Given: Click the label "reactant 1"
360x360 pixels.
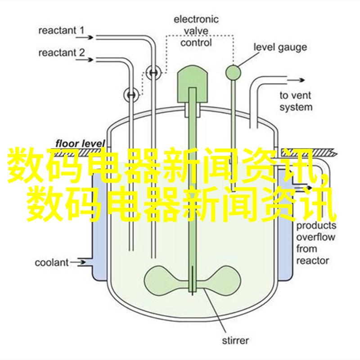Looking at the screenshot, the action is (x=61, y=31).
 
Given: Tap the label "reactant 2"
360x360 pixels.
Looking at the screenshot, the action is (x=62, y=53).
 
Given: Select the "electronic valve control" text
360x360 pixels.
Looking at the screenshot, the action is (x=196, y=31).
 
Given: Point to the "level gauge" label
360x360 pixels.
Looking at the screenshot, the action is (x=280, y=47).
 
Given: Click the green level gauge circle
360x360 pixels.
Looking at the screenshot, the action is (x=233, y=72).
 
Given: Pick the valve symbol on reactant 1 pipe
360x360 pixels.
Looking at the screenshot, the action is (x=153, y=73).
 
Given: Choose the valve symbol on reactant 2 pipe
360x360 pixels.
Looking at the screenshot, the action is (x=131, y=95).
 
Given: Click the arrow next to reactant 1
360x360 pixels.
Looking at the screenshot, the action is (x=84, y=37).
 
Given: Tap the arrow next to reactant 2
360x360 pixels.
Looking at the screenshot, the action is (x=84, y=60).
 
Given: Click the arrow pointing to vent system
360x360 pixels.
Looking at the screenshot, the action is (x=296, y=80).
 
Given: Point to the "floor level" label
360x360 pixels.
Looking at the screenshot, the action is (x=80, y=144).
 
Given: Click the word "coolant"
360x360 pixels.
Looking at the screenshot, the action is (x=52, y=263).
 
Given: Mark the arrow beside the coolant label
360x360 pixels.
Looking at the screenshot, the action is (x=78, y=262).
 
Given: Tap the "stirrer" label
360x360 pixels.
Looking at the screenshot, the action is (x=235, y=340).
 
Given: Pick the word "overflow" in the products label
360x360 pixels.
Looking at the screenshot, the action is (x=315, y=237).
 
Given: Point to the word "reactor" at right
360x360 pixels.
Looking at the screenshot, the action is (x=312, y=261).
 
